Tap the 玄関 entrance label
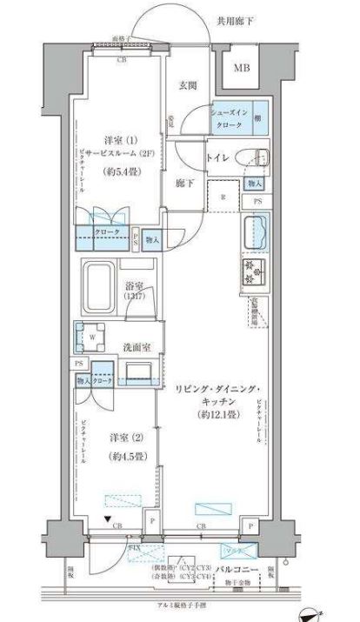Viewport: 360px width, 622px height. point(188,84)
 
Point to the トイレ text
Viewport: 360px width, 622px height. point(217,157)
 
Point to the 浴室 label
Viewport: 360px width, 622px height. point(133,284)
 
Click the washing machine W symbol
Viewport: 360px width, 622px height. point(90,333)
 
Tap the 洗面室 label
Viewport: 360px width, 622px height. point(135,346)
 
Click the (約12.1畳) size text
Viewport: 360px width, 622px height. point(210,415)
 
